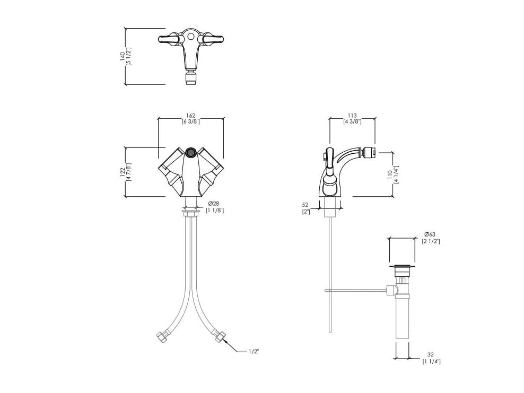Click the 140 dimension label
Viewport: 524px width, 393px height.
click(123, 56)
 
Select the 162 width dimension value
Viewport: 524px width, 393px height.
click(190, 116)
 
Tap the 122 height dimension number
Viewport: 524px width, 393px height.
click(123, 172)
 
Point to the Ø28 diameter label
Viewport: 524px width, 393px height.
click(214, 204)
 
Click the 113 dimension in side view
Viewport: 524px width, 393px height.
click(352, 116)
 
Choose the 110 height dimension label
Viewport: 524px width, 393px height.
click(390, 174)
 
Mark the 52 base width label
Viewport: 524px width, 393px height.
click(305, 205)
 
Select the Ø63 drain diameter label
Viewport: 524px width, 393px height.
click(430, 234)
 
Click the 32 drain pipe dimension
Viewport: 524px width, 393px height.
click(431, 355)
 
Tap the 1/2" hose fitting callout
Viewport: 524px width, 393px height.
click(254, 351)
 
